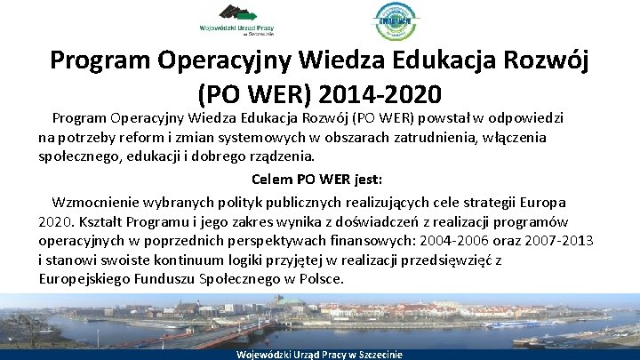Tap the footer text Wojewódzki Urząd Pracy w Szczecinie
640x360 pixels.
tap(319, 354)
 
